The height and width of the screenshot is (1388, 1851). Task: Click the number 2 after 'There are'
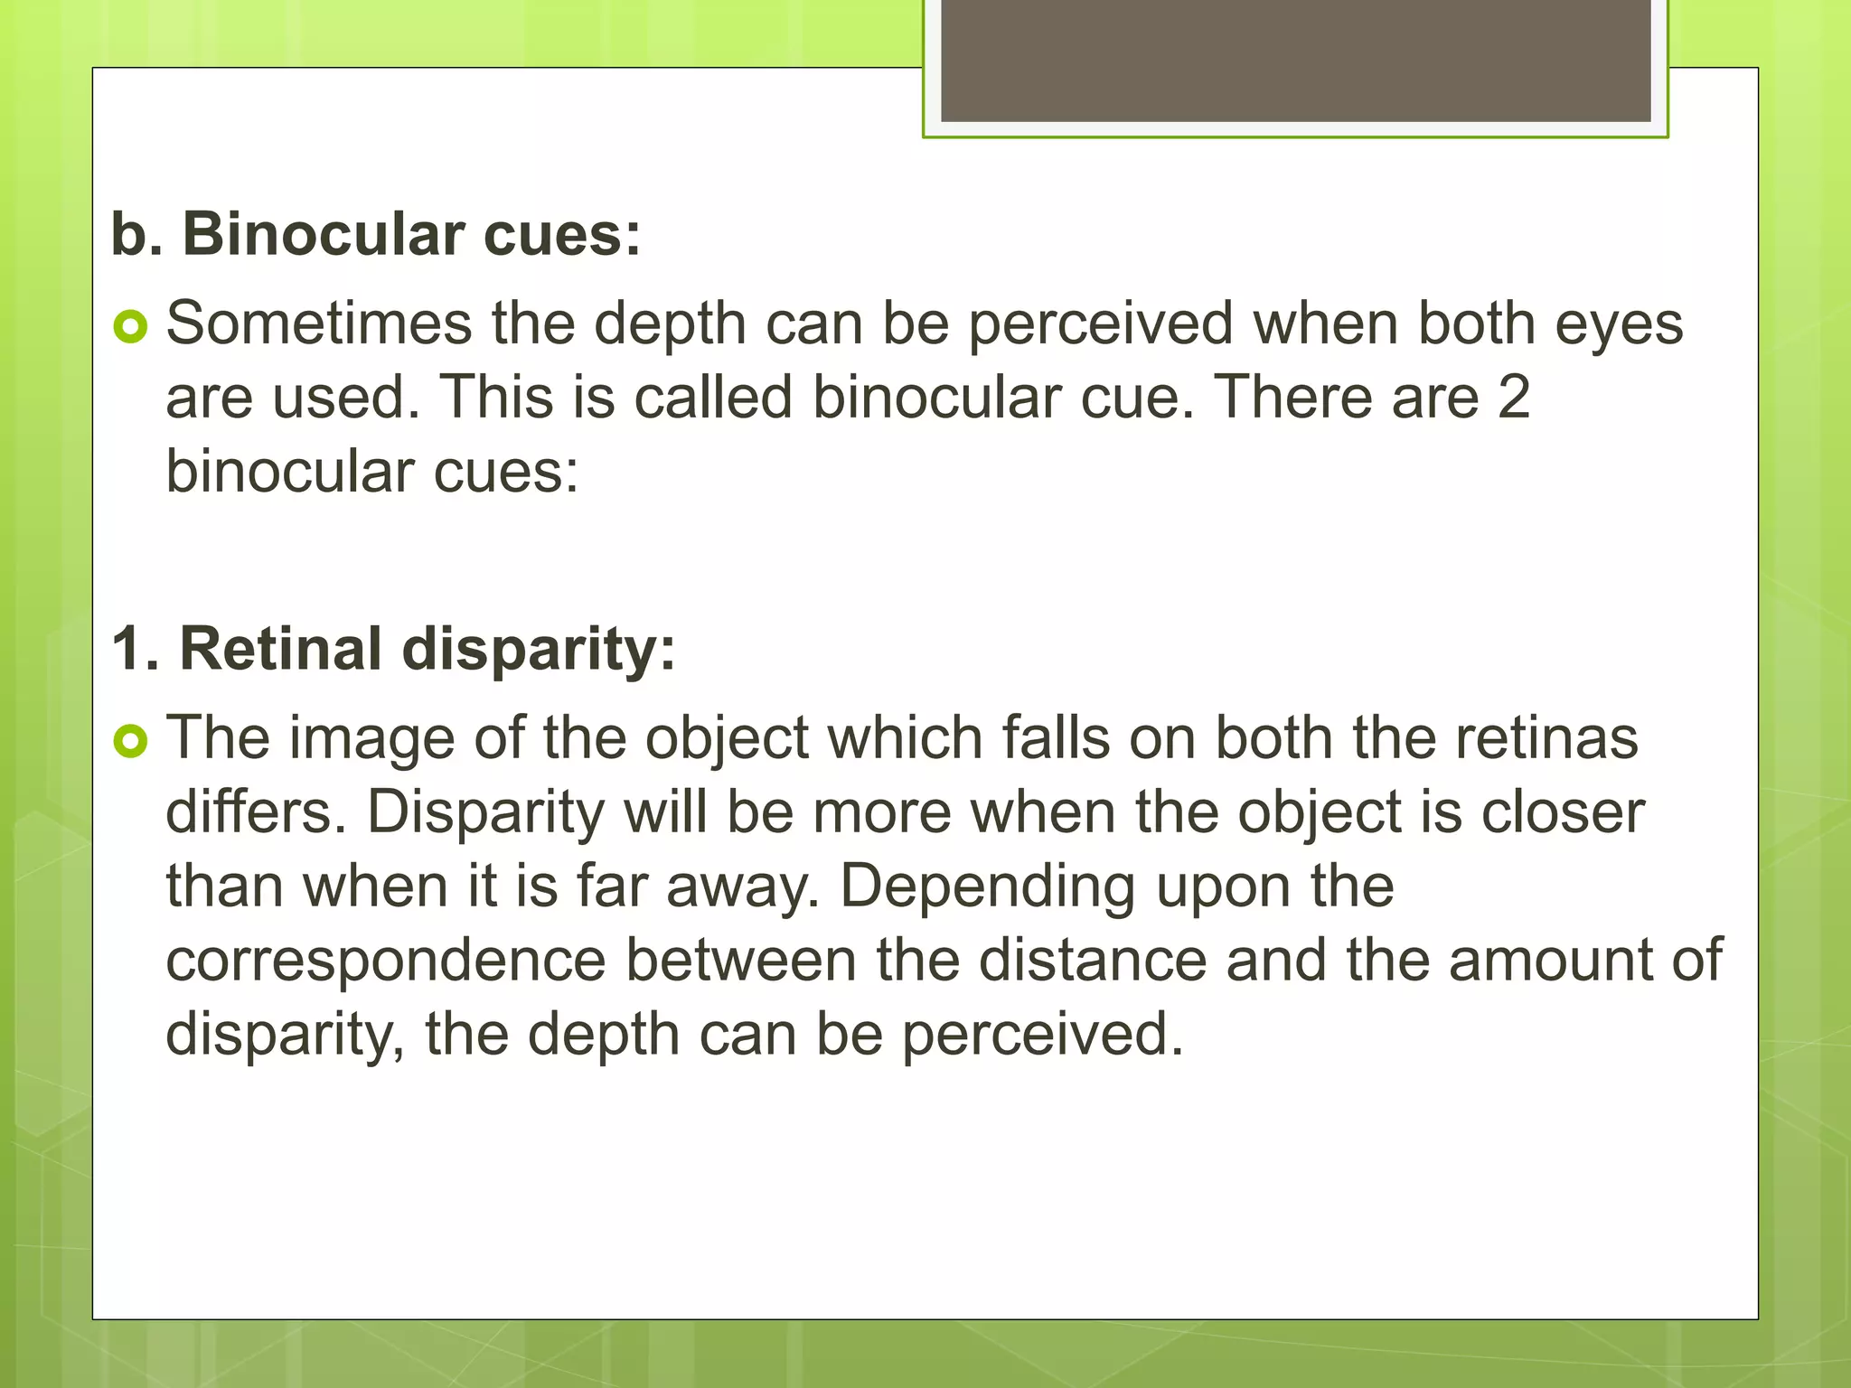point(1513,398)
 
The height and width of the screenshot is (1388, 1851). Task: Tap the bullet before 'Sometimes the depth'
point(131,326)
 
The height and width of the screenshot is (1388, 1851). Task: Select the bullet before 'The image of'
point(131,741)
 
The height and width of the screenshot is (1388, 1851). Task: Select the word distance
point(1093,961)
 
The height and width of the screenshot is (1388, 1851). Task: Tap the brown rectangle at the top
point(1295,61)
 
